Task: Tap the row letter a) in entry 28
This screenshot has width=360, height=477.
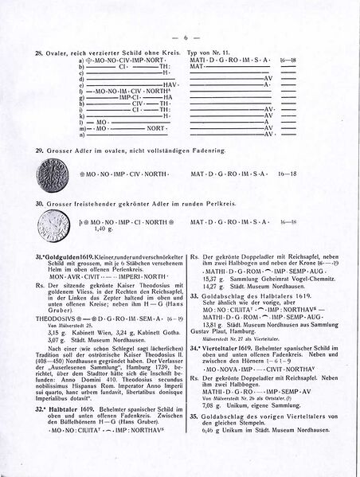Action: [x=81, y=60]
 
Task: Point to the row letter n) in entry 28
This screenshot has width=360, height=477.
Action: [x=81, y=134]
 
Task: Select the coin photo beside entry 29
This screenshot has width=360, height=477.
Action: [x=52, y=174]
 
